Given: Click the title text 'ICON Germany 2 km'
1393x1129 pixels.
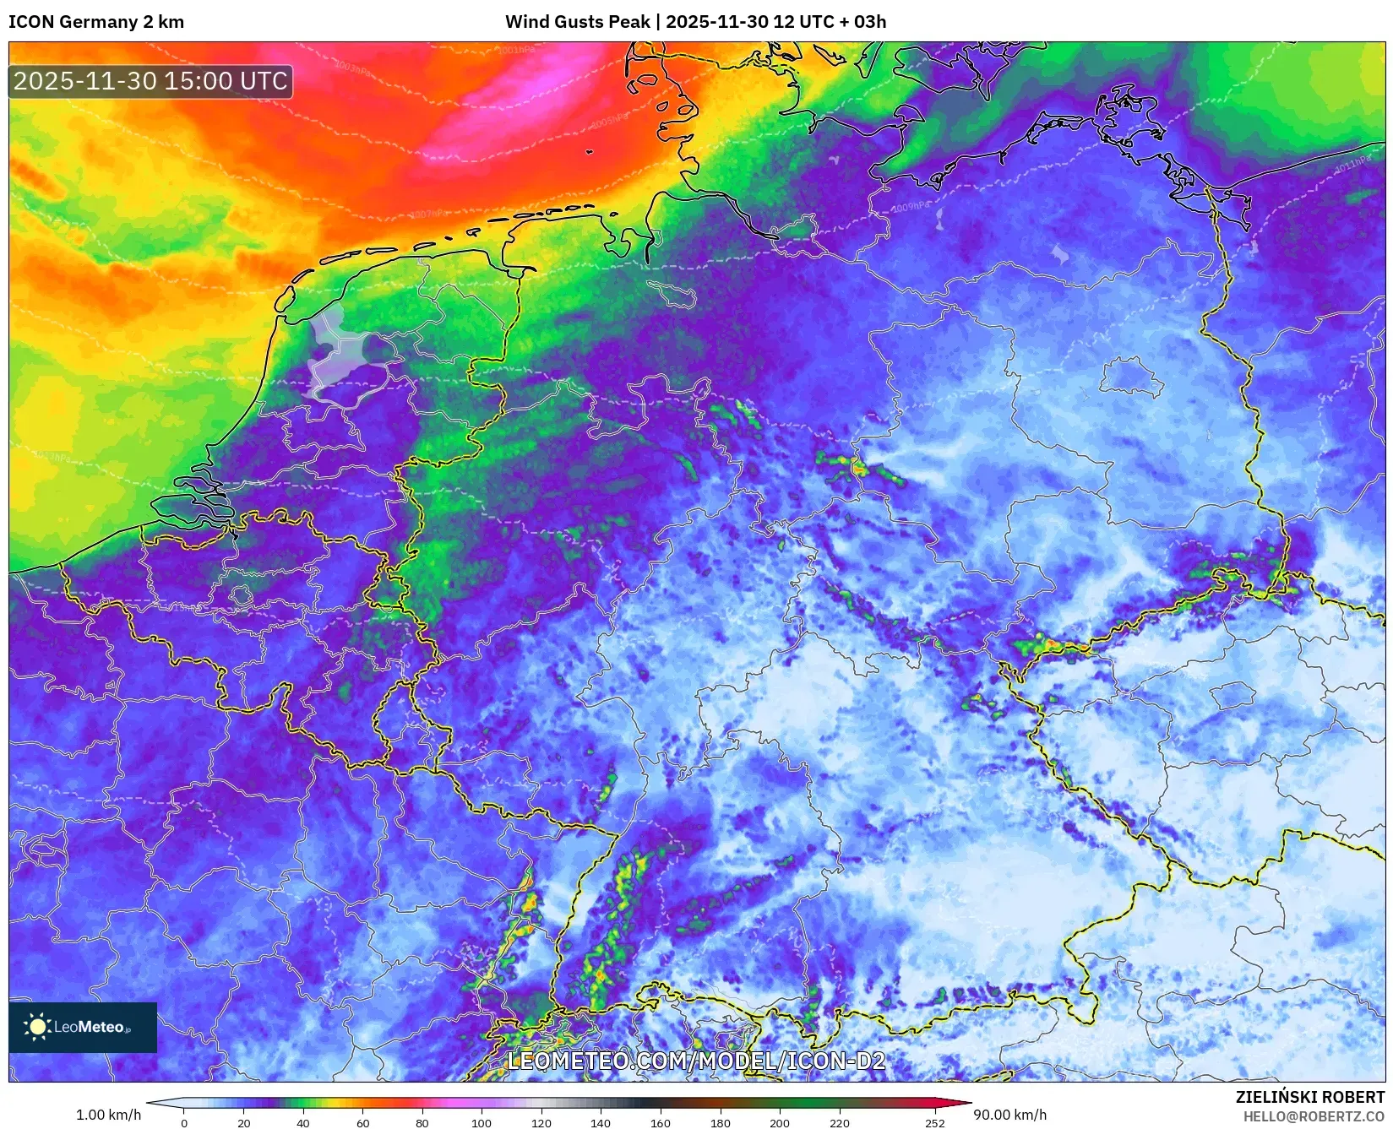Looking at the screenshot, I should click(x=96, y=22).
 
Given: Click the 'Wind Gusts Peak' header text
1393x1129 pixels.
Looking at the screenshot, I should click(x=578, y=22).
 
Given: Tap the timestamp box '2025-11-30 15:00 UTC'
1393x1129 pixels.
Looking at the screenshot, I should click(x=150, y=81).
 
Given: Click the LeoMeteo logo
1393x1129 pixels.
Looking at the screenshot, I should click(x=83, y=1027).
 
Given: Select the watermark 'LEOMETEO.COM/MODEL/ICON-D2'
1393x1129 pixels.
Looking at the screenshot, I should click(x=696, y=1061).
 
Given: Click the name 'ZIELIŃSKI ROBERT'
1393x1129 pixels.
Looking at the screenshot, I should click(x=1310, y=1097).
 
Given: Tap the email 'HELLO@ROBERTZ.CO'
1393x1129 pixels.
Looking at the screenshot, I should click(x=1314, y=1116).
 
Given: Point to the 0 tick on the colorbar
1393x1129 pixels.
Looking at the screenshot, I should click(x=184, y=1122).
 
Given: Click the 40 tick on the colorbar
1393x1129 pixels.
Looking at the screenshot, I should click(x=303, y=1122).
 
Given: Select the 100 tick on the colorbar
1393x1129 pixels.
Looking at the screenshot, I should click(x=482, y=1122).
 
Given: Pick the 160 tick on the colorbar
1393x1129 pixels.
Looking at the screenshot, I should click(x=660, y=1122).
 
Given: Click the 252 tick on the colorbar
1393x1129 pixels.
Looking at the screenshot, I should click(x=934, y=1122).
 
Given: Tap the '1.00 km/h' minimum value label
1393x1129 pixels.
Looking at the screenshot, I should click(x=108, y=1115).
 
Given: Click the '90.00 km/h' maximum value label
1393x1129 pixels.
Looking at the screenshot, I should click(x=1010, y=1115).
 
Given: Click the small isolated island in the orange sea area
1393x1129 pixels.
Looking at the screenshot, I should click(x=589, y=152).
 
